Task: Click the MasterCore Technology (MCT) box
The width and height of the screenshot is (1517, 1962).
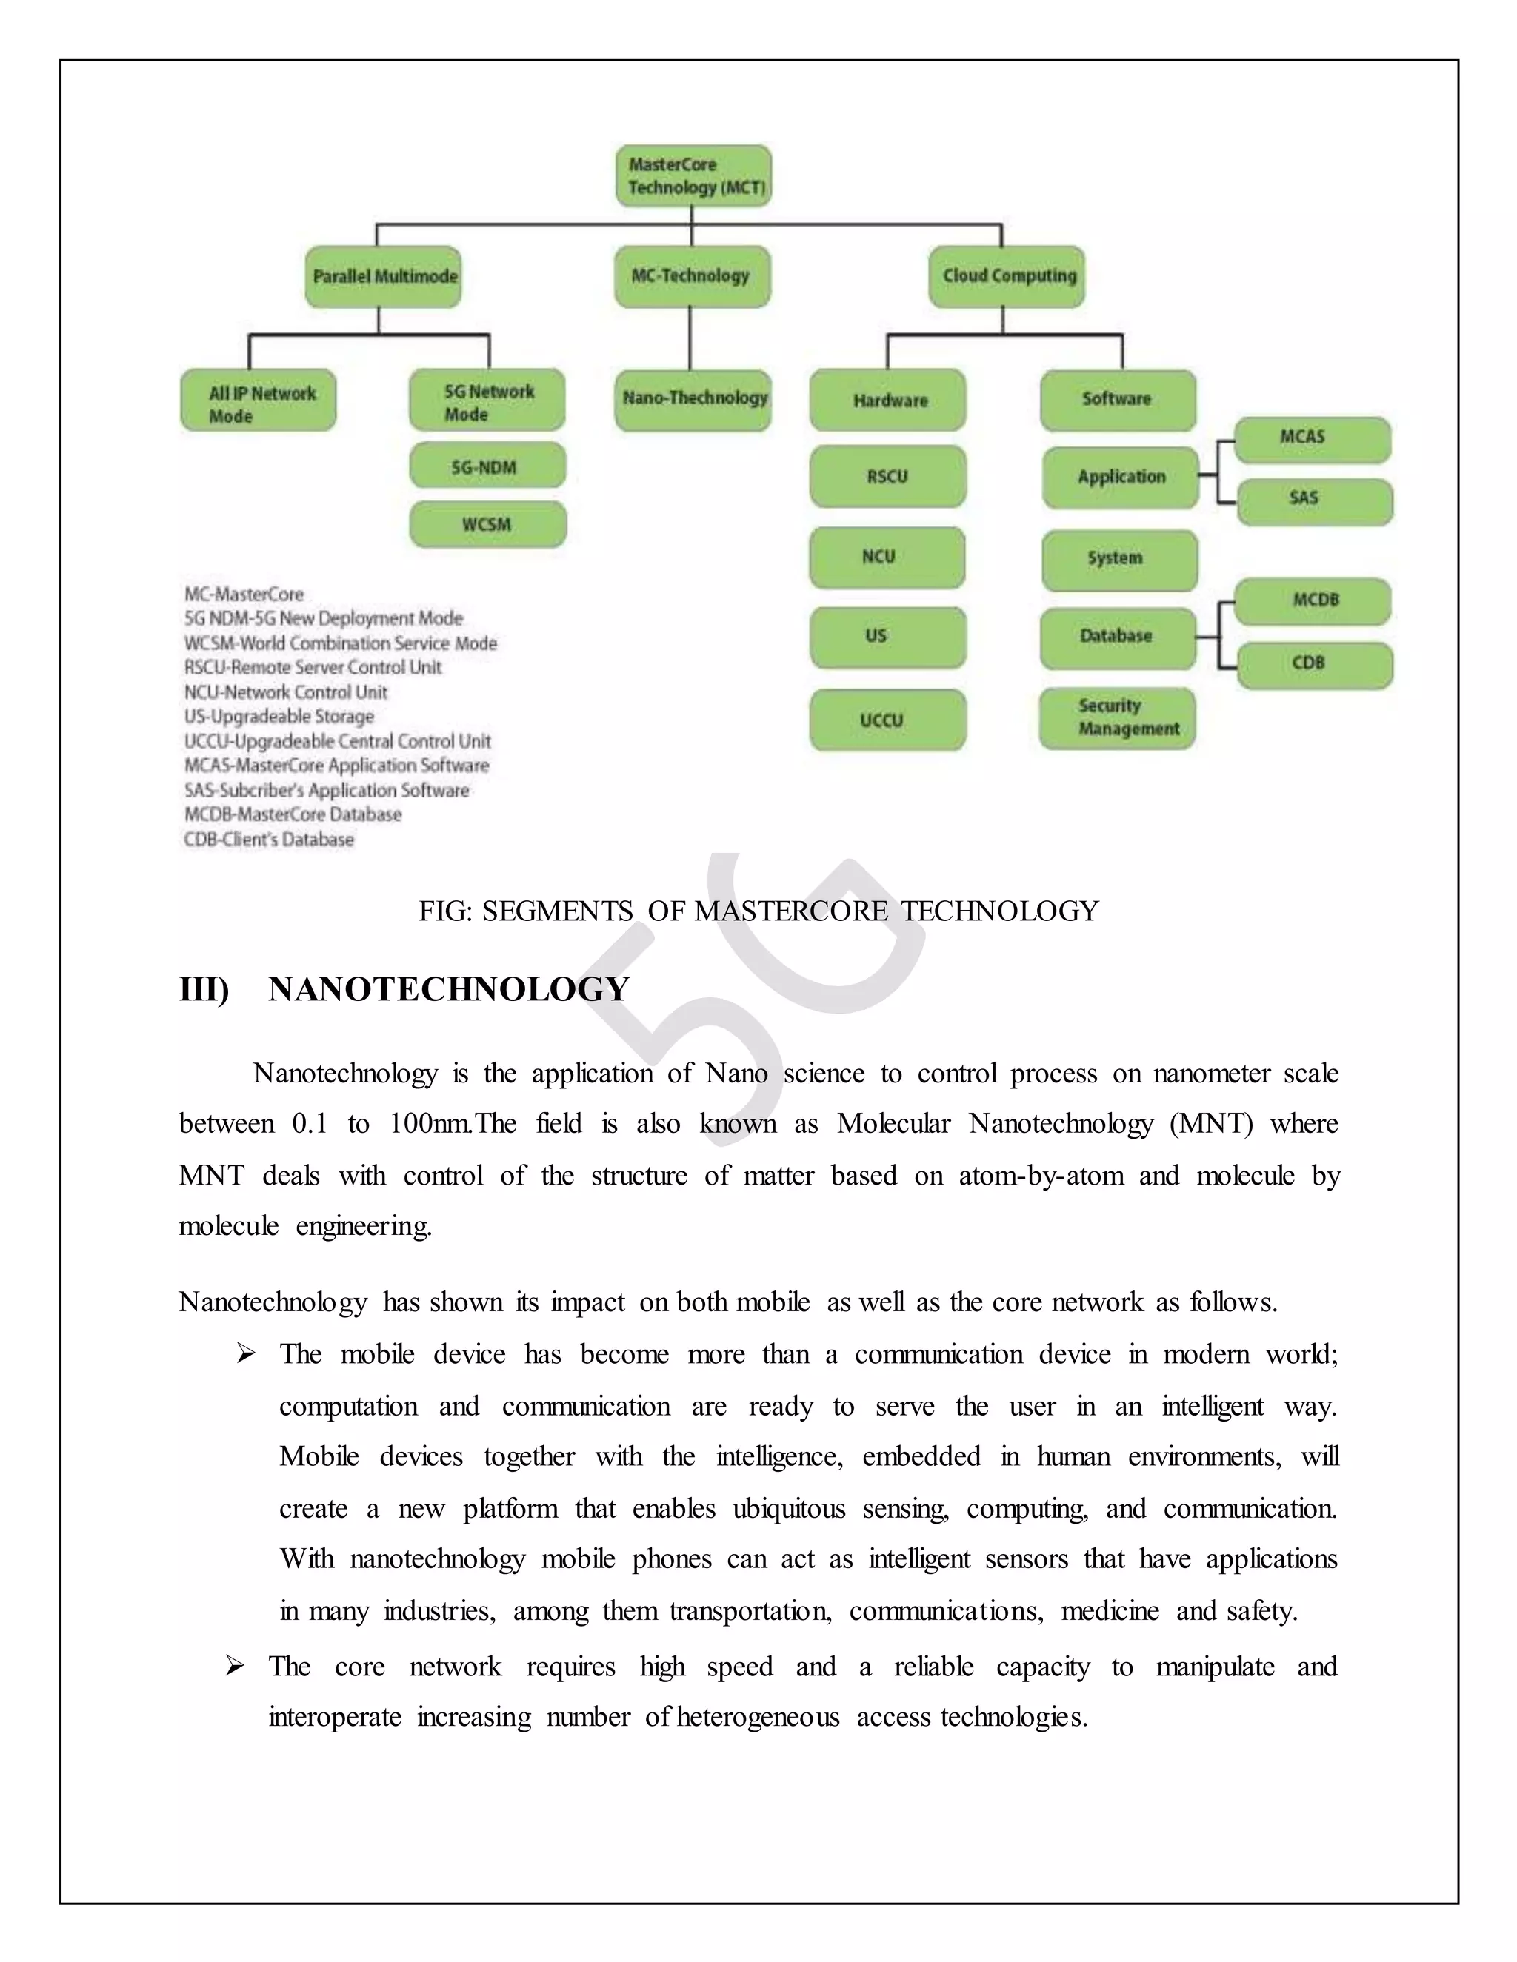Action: pyautogui.click(x=693, y=176)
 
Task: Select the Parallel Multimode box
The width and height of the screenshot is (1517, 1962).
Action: pyautogui.click(x=384, y=277)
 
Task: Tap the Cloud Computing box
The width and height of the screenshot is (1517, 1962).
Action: pyautogui.click(x=1007, y=277)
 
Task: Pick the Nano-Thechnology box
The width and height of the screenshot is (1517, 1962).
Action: pyautogui.click(x=694, y=399)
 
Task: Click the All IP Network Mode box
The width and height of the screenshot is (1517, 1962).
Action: pyautogui.click(x=259, y=401)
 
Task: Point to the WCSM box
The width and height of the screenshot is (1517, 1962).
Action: pyautogui.click(x=488, y=525)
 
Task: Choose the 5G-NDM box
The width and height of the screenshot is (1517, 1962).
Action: pyautogui.click(x=488, y=466)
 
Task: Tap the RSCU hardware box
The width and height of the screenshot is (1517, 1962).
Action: pyautogui.click(x=887, y=476)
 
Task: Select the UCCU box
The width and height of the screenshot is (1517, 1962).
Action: pyautogui.click(x=887, y=720)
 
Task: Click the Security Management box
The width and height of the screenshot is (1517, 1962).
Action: pyautogui.click(x=1118, y=717)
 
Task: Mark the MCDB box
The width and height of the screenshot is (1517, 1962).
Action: pyautogui.click(x=1313, y=601)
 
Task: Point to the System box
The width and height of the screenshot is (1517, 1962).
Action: pyautogui.click(x=1119, y=560)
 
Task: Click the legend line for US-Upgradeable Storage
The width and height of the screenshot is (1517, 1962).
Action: pyautogui.click(x=279, y=717)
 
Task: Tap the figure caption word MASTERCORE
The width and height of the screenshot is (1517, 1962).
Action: pyautogui.click(x=791, y=912)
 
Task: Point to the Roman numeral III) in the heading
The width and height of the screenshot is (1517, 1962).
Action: pyautogui.click(x=204, y=990)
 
